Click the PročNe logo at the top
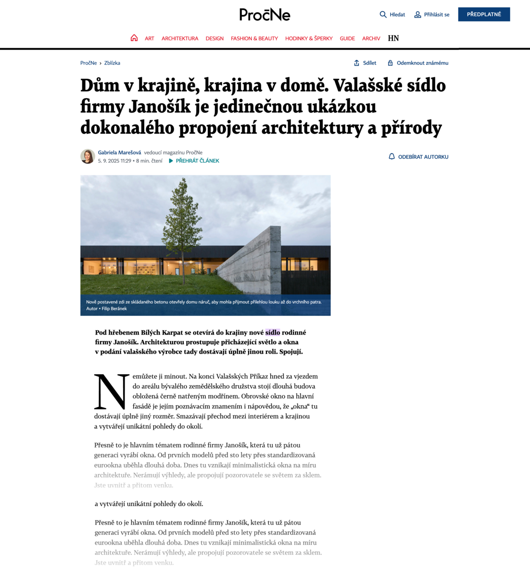[265, 15]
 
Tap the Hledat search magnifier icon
[383, 14]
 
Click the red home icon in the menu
[134, 38]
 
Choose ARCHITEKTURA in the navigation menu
[180, 38]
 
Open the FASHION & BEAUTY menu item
[254, 38]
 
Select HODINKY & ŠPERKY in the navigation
[309, 38]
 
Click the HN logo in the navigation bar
[393, 38]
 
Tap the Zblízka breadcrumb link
[112, 63]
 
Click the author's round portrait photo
[88, 156]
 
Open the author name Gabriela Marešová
[119, 152]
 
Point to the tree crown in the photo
[182, 216]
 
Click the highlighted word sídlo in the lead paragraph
[272, 332]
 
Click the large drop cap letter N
[112, 391]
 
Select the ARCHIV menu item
[371, 38]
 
